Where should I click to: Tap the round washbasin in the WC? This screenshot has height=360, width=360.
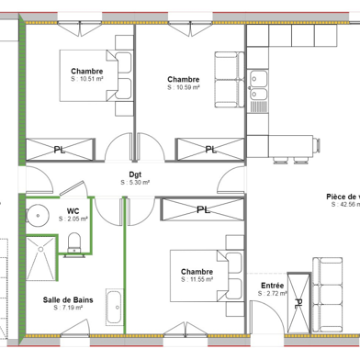click(37, 217)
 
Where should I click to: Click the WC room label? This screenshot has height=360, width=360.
click(73, 210)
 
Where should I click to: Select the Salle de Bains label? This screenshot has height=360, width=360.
click(66, 299)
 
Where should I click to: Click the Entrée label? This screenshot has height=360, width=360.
click(273, 286)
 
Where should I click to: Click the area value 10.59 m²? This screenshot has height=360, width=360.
click(185, 88)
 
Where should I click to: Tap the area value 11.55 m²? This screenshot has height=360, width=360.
click(197, 281)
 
